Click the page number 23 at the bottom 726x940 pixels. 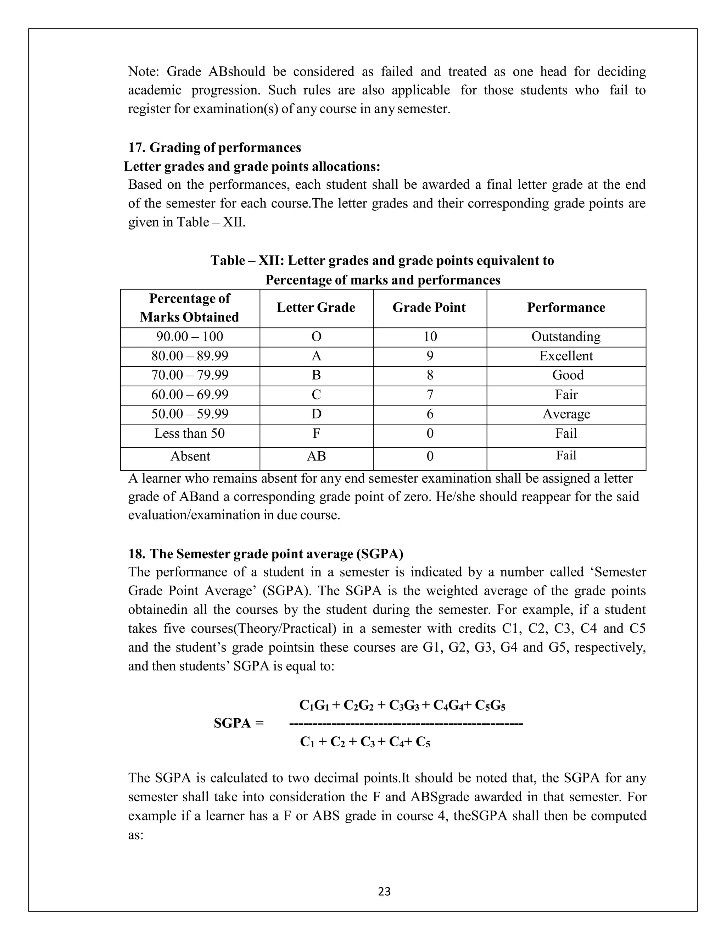(x=384, y=891)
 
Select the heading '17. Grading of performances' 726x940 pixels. (x=214, y=148)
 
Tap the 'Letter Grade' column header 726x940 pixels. (x=316, y=308)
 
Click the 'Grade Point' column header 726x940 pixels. (x=429, y=308)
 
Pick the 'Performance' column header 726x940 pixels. (x=566, y=308)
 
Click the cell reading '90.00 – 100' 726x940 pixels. (x=190, y=337)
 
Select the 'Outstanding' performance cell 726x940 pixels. (x=566, y=337)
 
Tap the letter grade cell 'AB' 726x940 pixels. (x=316, y=456)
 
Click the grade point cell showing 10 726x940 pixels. (x=430, y=337)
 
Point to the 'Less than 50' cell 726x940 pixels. (x=190, y=433)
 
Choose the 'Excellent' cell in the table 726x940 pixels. (x=566, y=356)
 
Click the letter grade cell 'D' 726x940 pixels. (x=316, y=414)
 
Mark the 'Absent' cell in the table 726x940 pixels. (x=190, y=456)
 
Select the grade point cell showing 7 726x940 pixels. (x=430, y=395)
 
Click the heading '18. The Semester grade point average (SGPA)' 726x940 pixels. (x=266, y=554)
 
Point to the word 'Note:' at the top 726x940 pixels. (x=144, y=71)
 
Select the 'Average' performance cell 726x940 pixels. (x=566, y=414)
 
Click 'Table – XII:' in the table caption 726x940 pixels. (x=247, y=261)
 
